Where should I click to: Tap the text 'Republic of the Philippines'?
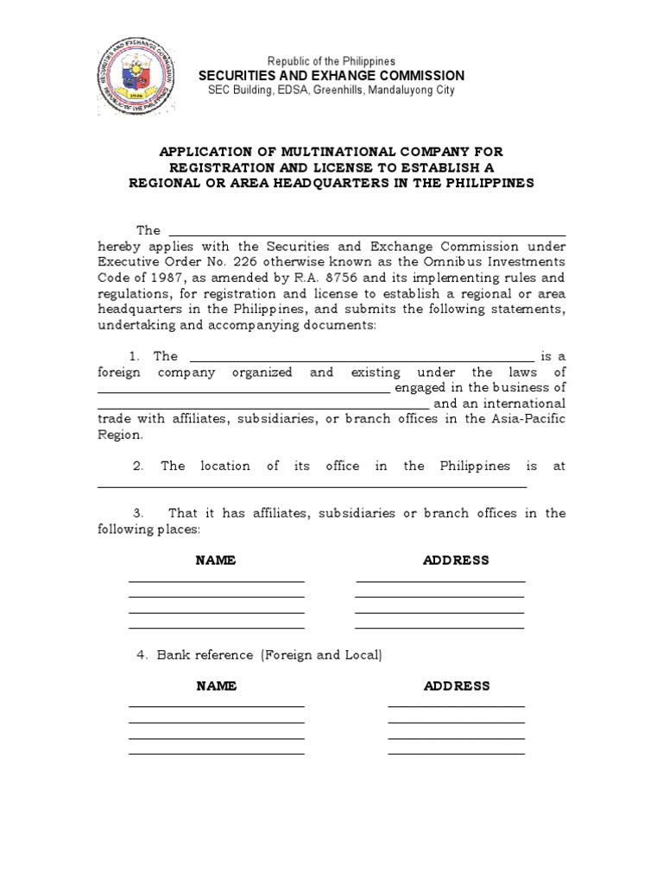tap(331, 61)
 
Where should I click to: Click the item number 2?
tap(137, 466)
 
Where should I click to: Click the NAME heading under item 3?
tap(216, 560)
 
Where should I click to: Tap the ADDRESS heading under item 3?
tap(456, 560)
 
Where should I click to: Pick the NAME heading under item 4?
tap(216, 686)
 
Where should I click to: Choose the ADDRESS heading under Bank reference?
tap(456, 686)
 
